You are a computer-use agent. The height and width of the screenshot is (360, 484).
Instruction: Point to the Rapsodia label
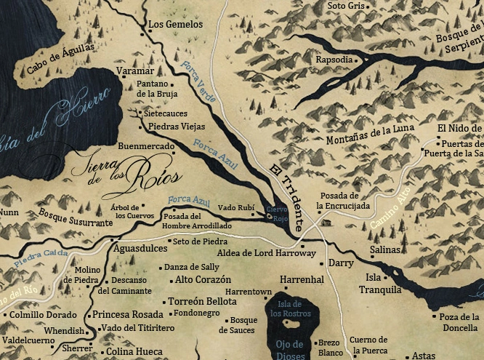(x=333, y=60)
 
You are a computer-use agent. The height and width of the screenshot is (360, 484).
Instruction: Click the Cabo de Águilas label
(x=61, y=58)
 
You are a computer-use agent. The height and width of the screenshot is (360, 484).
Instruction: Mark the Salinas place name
(x=384, y=249)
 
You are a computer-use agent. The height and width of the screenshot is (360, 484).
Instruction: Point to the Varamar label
(x=134, y=71)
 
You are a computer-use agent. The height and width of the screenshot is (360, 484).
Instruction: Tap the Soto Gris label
(x=345, y=6)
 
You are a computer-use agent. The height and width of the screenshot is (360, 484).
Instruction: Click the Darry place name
(x=340, y=263)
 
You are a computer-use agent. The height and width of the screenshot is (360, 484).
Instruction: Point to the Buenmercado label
(x=145, y=145)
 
